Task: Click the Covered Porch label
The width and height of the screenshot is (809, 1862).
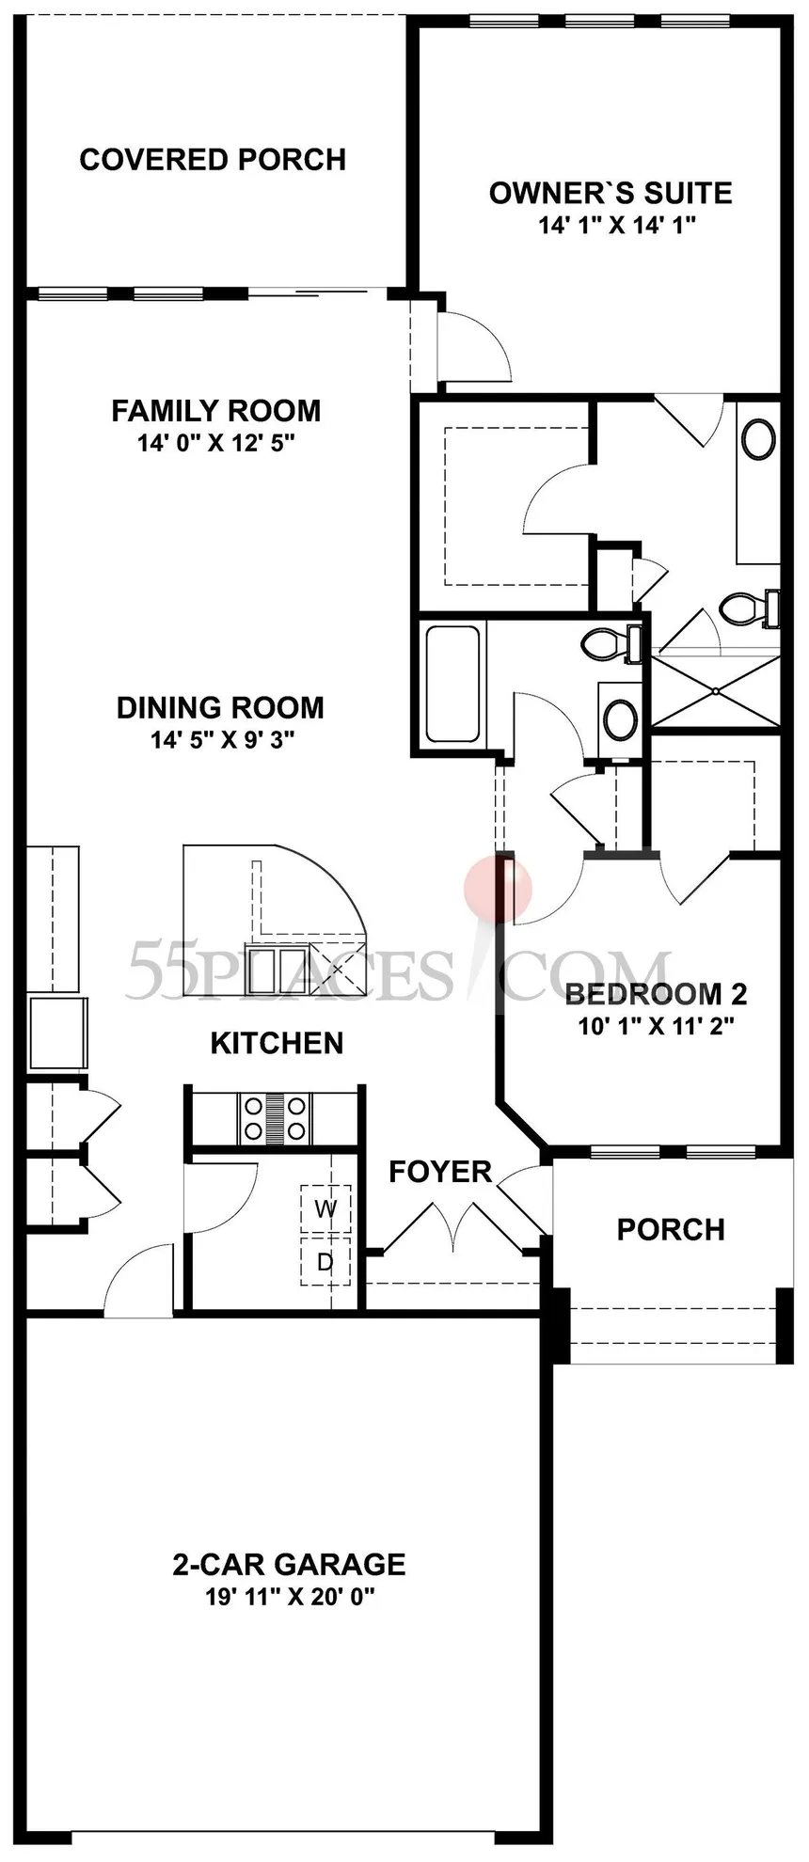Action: [x=213, y=160]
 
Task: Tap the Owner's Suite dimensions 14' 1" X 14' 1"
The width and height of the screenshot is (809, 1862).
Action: [x=617, y=226]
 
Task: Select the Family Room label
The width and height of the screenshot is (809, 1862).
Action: [x=216, y=411]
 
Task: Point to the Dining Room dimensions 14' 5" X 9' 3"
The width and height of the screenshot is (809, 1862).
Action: [x=223, y=740]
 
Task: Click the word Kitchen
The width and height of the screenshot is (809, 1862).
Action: [x=277, y=1043]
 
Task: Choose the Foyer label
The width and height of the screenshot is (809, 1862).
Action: [x=440, y=1172]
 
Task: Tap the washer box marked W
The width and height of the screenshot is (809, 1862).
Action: [x=325, y=1209]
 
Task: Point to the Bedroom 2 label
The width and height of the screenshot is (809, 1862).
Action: [x=656, y=994]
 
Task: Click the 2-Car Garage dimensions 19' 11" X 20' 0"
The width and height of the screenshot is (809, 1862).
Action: [x=290, y=1598]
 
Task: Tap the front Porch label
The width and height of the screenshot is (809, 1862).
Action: [x=671, y=1229]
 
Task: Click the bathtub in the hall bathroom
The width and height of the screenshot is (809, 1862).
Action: [x=453, y=684]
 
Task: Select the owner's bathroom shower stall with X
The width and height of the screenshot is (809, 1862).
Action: [x=716, y=691]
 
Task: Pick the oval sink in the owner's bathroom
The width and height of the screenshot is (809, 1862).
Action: [x=759, y=439]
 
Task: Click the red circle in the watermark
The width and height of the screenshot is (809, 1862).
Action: [x=499, y=888]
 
